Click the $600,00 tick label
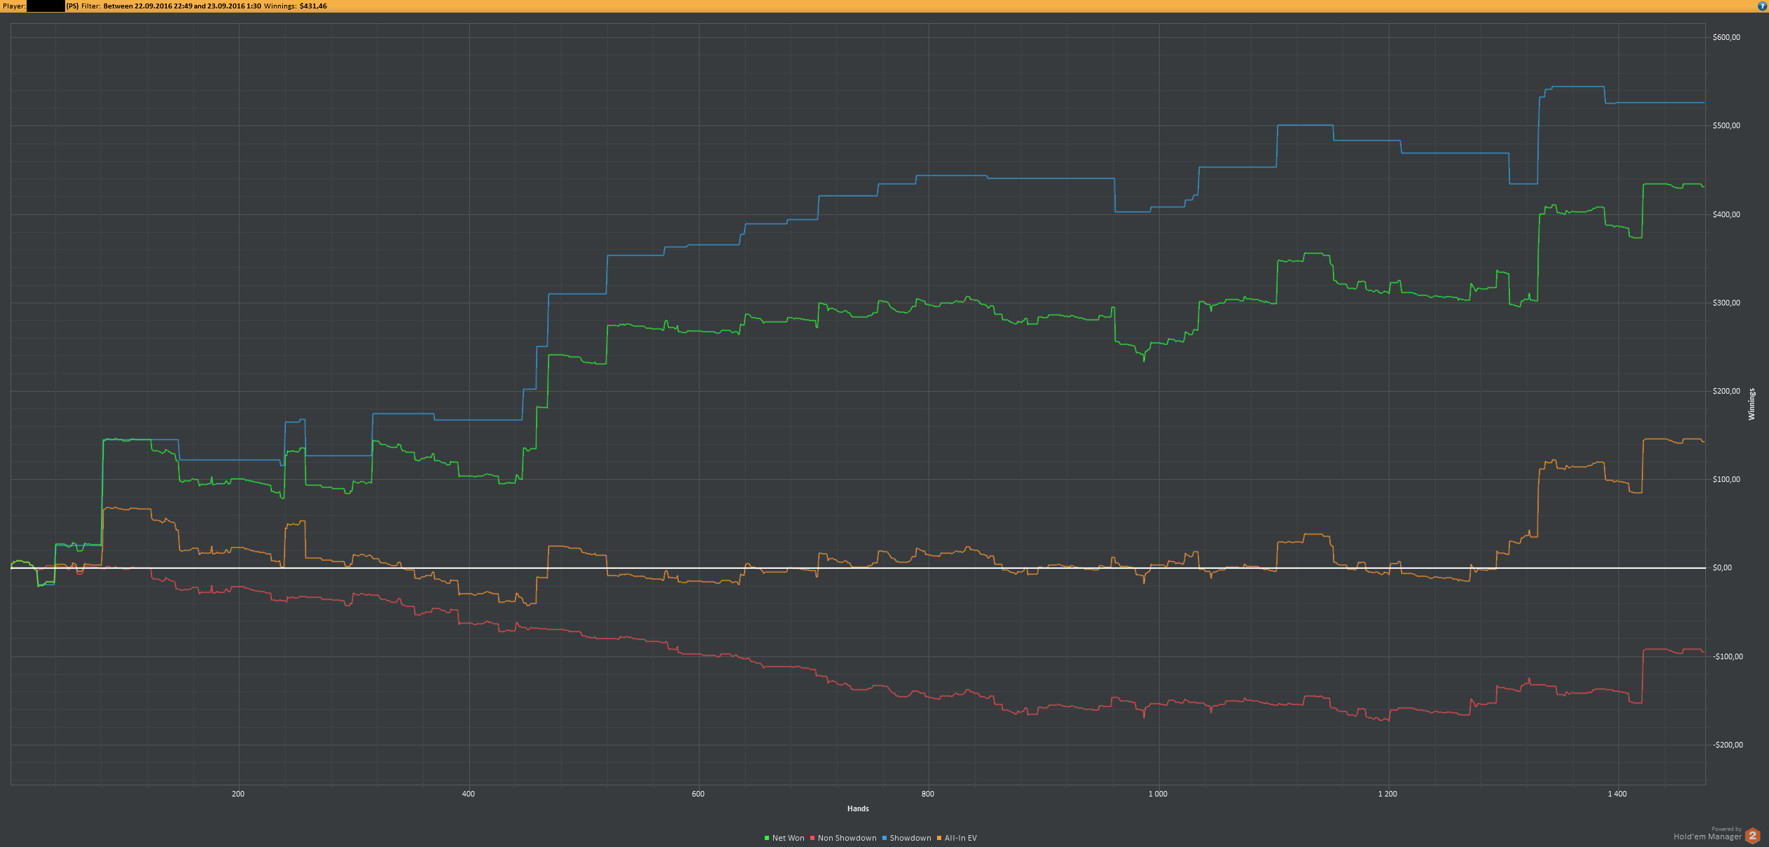click(1726, 38)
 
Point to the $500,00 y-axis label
click(1726, 126)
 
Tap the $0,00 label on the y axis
click(1722, 567)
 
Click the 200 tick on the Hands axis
click(238, 794)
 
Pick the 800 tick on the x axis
click(928, 794)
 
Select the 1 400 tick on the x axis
click(1617, 794)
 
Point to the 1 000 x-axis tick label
click(1158, 794)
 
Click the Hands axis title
click(858, 808)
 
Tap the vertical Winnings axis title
click(1751, 404)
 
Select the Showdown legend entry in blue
click(907, 838)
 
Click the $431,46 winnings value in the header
click(313, 6)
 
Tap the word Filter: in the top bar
click(91, 6)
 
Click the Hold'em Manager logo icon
click(1752, 836)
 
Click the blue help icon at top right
click(1763, 6)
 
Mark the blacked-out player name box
click(46, 6)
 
